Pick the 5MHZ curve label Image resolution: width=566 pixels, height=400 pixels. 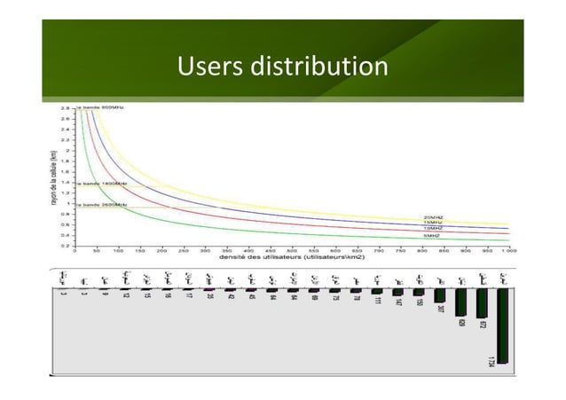[x=433, y=236]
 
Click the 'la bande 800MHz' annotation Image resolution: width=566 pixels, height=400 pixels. [x=101, y=107]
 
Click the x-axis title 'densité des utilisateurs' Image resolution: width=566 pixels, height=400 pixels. [x=292, y=258]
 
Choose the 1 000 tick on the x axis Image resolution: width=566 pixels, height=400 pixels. [x=507, y=250]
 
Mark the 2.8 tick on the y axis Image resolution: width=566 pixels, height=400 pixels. [x=66, y=108]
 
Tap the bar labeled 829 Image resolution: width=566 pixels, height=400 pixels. [x=460, y=302]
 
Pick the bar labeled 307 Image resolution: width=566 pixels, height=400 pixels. [x=440, y=295]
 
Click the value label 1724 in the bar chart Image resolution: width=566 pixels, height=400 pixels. [x=492, y=360]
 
